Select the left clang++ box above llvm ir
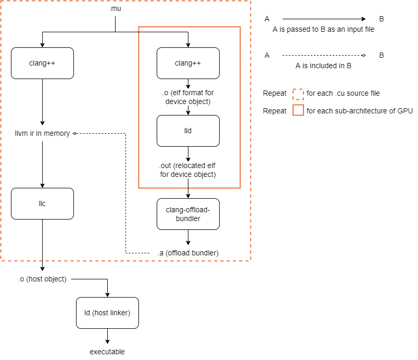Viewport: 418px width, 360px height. (42, 63)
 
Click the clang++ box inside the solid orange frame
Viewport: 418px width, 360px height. (188, 63)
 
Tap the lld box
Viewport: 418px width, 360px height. (188, 131)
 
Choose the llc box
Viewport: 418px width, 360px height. (42, 203)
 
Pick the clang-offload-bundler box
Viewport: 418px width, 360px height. (188, 214)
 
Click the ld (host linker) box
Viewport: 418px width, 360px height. (107, 313)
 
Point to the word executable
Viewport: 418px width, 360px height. (107, 352)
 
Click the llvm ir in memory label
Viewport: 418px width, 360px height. (42, 134)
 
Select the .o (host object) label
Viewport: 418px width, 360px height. (42, 279)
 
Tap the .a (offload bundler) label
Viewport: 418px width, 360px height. (188, 253)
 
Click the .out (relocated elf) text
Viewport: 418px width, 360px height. (188, 170)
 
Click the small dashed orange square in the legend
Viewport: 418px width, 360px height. (298, 94)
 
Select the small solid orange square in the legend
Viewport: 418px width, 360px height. (298, 111)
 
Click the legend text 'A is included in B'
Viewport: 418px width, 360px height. (323, 66)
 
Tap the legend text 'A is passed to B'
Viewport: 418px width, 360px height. (323, 30)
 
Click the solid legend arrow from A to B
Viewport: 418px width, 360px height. (323, 19)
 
